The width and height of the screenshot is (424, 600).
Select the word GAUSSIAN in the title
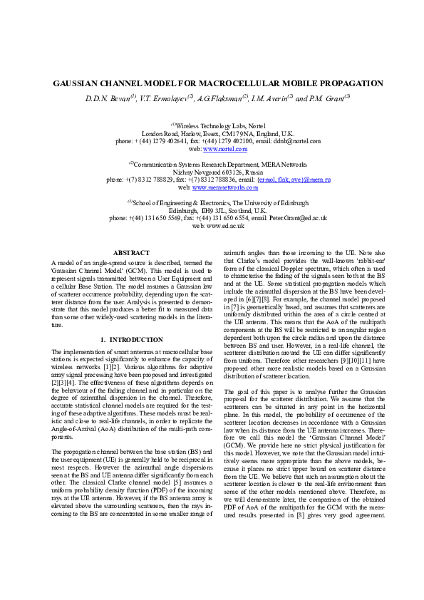click(76, 83)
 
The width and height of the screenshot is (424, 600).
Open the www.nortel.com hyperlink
click(225, 150)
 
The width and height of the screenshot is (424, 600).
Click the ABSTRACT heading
click(132, 253)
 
